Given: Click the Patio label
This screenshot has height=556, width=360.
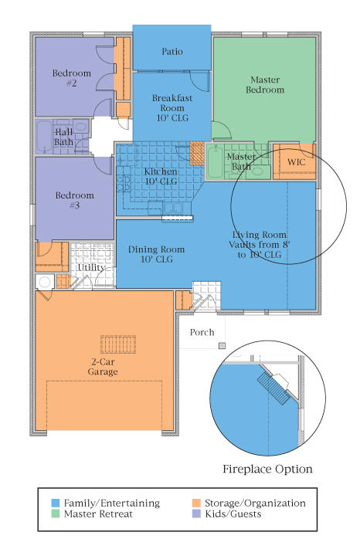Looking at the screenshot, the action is pos(172,52).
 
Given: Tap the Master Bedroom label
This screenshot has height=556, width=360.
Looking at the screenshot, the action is pos(265,85).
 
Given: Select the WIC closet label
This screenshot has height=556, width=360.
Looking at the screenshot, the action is pos(296,162).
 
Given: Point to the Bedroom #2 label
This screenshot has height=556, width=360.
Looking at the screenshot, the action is pos(72,78).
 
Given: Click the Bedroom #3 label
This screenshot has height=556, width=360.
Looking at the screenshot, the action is pos(74,200).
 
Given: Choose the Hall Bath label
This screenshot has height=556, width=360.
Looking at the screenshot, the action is pos(64,137).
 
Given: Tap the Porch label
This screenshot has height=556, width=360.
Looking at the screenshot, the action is pos(202,332).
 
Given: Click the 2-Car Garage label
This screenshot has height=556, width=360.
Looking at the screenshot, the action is pos(103,367).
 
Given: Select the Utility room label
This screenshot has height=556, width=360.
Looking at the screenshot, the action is pos(91,267).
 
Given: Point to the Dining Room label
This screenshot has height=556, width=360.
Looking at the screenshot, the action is pos(156,254).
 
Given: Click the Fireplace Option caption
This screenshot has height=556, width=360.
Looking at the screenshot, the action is pos(267,470).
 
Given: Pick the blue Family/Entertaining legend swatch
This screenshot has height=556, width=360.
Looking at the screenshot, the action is pos(56,503).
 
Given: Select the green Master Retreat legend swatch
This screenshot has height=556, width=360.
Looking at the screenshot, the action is pos(56,514).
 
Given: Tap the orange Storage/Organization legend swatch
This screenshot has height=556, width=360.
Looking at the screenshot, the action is pos(196,503).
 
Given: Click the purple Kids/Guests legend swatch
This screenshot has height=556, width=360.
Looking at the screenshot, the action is pos(196,514).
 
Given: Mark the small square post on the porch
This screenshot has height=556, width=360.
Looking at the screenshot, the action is pos(222,345).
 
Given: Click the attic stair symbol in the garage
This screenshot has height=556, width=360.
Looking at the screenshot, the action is pos(118,344).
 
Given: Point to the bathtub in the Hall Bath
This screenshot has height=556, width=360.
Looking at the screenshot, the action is pos(44,136).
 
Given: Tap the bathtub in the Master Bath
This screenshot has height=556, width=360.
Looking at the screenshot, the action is pos(215,162).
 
